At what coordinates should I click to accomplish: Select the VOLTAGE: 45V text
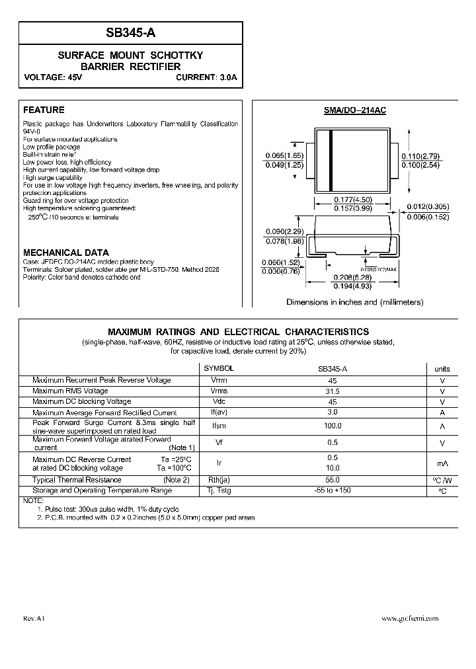53,77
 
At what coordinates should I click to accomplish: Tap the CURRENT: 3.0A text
206,77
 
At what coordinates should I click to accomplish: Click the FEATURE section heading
44,110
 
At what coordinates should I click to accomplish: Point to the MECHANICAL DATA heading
66,253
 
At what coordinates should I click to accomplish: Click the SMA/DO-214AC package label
355,110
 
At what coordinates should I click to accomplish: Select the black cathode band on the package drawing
331,161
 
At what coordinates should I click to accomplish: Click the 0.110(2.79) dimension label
420,156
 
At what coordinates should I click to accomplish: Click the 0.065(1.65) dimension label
284,155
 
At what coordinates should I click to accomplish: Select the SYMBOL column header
218,368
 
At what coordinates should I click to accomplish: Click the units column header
442,369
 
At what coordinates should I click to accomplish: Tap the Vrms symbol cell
219,391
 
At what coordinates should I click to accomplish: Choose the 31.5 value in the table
333,391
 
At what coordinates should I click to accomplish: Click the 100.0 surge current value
333,426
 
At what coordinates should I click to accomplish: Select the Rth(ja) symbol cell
219,480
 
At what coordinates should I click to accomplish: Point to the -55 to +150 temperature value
333,491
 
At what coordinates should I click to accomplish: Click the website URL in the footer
411,619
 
